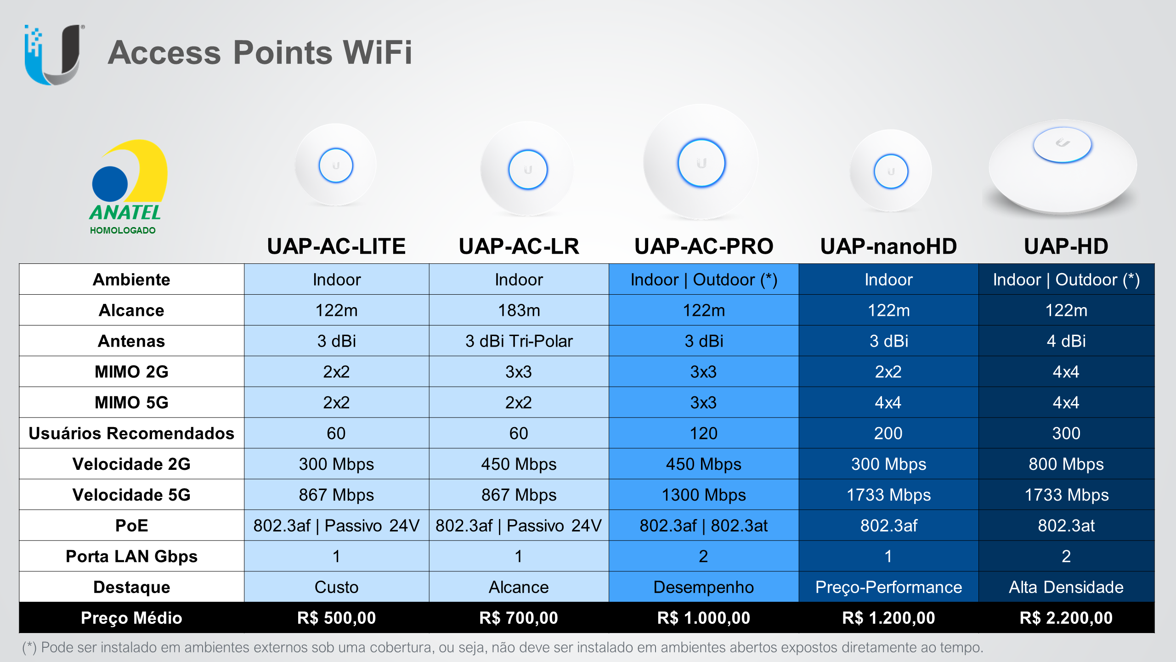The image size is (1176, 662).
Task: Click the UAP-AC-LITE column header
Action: (x=336, y=246)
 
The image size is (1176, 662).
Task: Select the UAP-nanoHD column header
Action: (x=888, y=246)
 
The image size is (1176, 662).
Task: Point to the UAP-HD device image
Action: (x=1063, y=167)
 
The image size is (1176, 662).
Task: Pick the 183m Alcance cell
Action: (x=519, y=310)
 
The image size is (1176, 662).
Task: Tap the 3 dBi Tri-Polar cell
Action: (x=519, y=341)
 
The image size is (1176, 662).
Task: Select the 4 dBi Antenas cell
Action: (x=1066, y=341)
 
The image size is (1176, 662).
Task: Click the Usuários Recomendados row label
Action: (x=131, y=433)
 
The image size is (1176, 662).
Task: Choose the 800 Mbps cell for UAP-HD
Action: (x=1066, y=464)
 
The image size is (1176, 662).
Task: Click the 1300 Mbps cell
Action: (x=704, y=495)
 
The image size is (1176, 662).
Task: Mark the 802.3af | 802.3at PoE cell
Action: (x=704, y=525)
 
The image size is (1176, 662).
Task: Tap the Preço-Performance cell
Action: (x=888, y=587)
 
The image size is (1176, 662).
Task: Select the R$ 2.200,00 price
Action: (x=1066, y=618)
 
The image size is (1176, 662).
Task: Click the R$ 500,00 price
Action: (x=336, y=618)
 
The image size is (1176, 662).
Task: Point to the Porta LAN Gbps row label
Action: (x=131, y=556)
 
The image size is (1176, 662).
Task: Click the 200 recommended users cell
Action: (x=888, y=433)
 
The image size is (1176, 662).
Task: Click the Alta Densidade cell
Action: (x=1066, y=587)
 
